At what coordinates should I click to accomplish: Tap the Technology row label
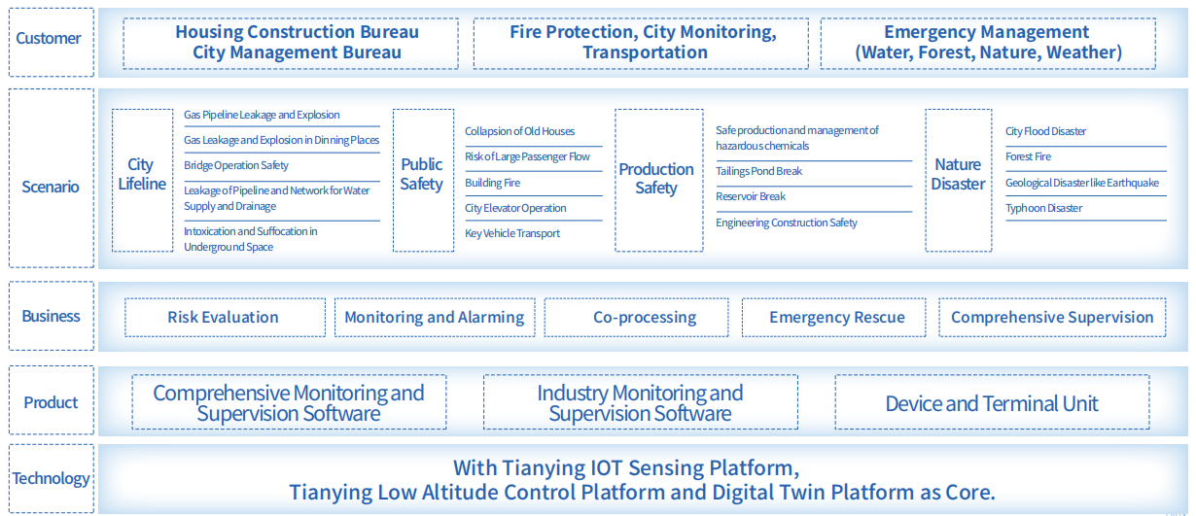pos(52,479)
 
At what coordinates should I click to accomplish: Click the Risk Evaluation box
pos(225,318)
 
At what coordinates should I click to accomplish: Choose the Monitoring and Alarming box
pos(435,318)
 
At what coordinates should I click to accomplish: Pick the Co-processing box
pos(636,318)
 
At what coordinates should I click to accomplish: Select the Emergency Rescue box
pos(833,318)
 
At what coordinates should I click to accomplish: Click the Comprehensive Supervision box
pos(1052,318)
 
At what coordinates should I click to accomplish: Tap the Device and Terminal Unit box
pos(992,401)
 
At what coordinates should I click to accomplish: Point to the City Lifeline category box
pos(143,181)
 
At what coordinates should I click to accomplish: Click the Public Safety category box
pos(423,181)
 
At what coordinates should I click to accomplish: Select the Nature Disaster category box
pos(959,181)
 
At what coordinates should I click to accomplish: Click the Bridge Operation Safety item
pos(236,165)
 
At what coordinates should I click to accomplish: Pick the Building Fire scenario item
pos(492,183)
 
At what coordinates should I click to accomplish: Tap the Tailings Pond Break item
pos(758,171)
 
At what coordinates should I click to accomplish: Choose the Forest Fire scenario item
pos(1028,156)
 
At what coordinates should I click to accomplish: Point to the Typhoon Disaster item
pos(1044,208)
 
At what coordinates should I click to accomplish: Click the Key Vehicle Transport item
pos(512,233)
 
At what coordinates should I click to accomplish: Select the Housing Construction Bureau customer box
pos(291,43)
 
